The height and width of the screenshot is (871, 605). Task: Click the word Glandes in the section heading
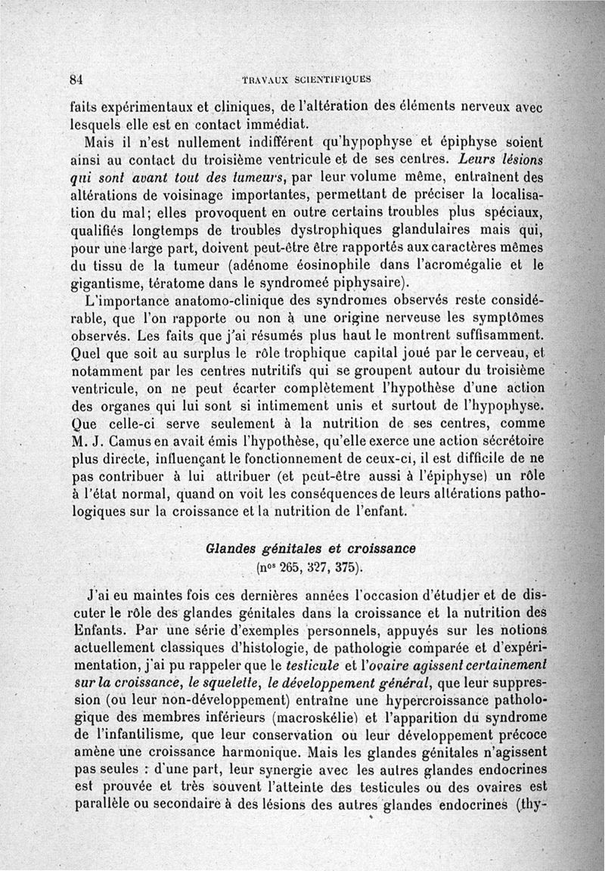click(x=228, y=547)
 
